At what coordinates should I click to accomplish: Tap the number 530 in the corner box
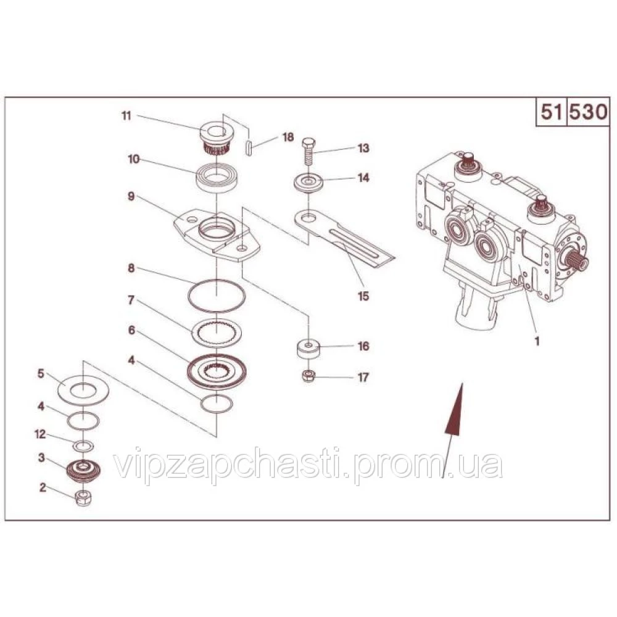pyautogui.click(x=589, y=113)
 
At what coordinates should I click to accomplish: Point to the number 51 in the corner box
pyautogui.click(x=550, y=113)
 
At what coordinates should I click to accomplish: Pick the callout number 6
pyautogui.click(x=131, y=330)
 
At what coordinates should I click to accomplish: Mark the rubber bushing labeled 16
pyautogui.click(x=308, y=349)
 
